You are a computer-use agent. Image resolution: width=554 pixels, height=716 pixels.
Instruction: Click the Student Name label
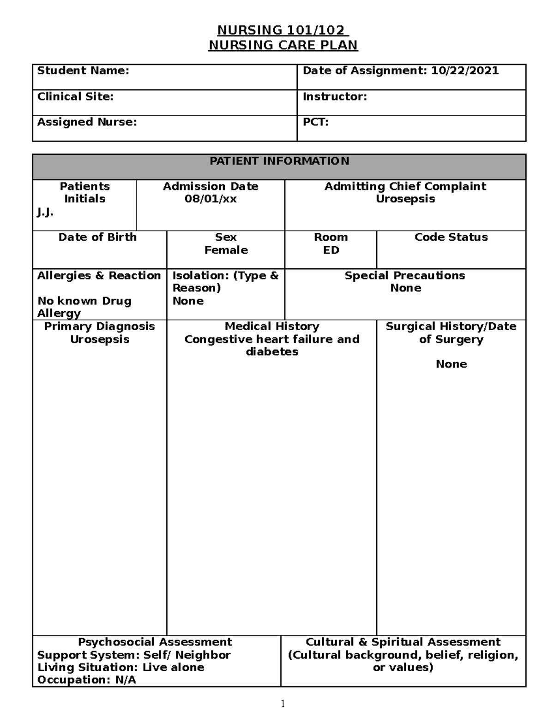click(83, 71)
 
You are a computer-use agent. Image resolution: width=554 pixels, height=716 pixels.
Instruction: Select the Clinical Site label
click(75, 96)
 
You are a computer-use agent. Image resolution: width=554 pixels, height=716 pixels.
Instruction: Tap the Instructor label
click(335, 96)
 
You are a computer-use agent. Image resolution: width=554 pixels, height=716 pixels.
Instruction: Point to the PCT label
click(315, 122)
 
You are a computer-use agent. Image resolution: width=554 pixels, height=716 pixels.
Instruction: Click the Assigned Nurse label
click(87, 122)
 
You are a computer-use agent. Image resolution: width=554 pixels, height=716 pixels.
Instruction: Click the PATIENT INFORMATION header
click(279, 161)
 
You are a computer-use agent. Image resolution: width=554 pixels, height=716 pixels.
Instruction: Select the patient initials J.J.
click(45, 212)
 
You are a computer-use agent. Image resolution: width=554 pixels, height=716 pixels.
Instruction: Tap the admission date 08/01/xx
click(211, 199)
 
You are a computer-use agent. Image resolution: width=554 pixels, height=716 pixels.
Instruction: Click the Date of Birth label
click(97, 237)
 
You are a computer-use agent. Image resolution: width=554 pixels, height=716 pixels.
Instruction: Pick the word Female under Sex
click(226, 250)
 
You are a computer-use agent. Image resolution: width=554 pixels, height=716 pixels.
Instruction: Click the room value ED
click(331, 250)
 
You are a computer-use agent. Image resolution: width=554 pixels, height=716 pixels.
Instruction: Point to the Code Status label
click(451, 237)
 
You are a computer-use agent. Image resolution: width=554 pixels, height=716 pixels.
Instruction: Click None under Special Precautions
click(405, 288)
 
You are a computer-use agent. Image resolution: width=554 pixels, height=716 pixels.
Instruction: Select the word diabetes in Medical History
click(272, 352)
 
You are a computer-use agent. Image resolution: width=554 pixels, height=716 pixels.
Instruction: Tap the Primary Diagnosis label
click(99, 326)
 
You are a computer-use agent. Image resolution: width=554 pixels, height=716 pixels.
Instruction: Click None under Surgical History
click(451, 364)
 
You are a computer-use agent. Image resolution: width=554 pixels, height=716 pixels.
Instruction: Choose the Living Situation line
click(120, 667)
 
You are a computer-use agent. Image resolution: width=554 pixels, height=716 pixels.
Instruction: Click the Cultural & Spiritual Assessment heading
click(403, 642)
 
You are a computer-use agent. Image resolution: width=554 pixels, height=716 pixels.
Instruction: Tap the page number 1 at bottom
click(283, 704)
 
